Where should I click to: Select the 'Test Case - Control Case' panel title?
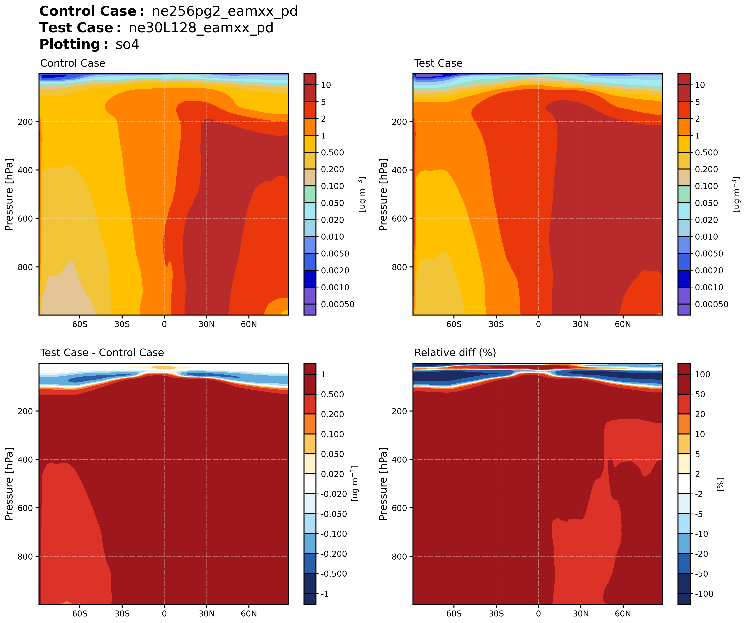(x=102, y=353)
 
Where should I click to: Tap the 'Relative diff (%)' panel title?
(x=455, y=353)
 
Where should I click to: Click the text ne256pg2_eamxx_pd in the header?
(x=225, y=11)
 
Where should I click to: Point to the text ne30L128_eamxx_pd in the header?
(x=201, y=28)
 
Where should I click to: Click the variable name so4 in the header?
(x=127, y=44)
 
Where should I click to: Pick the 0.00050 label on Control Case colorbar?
(x=337, y=304)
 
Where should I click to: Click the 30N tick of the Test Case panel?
(x=580, y=324)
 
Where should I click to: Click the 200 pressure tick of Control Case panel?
(x=25, y=122)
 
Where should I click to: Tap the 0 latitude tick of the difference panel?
(x=164, y=614)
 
